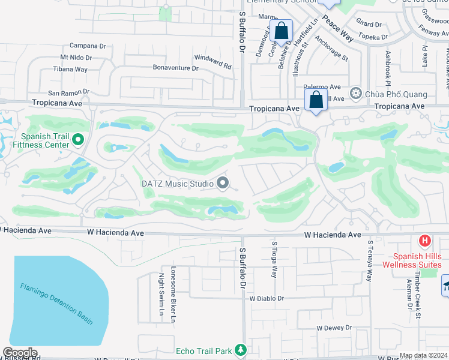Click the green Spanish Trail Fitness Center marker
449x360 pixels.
click(77, 140)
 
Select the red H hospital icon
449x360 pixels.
click(425, 241)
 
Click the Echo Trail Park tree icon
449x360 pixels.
click(240, 350)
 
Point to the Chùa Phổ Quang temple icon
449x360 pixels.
click(356, 94)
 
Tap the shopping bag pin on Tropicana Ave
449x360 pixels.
click(316, 101)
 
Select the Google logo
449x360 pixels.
click(20, 353)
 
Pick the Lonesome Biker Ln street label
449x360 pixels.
click(173, 286)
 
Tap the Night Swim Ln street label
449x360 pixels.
click(161, 294)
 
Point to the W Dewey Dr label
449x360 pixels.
click(334, 328)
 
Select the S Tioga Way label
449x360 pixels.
click(274, 259)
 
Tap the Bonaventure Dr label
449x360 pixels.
click(175, 68)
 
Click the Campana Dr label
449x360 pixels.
click(88, 46)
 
